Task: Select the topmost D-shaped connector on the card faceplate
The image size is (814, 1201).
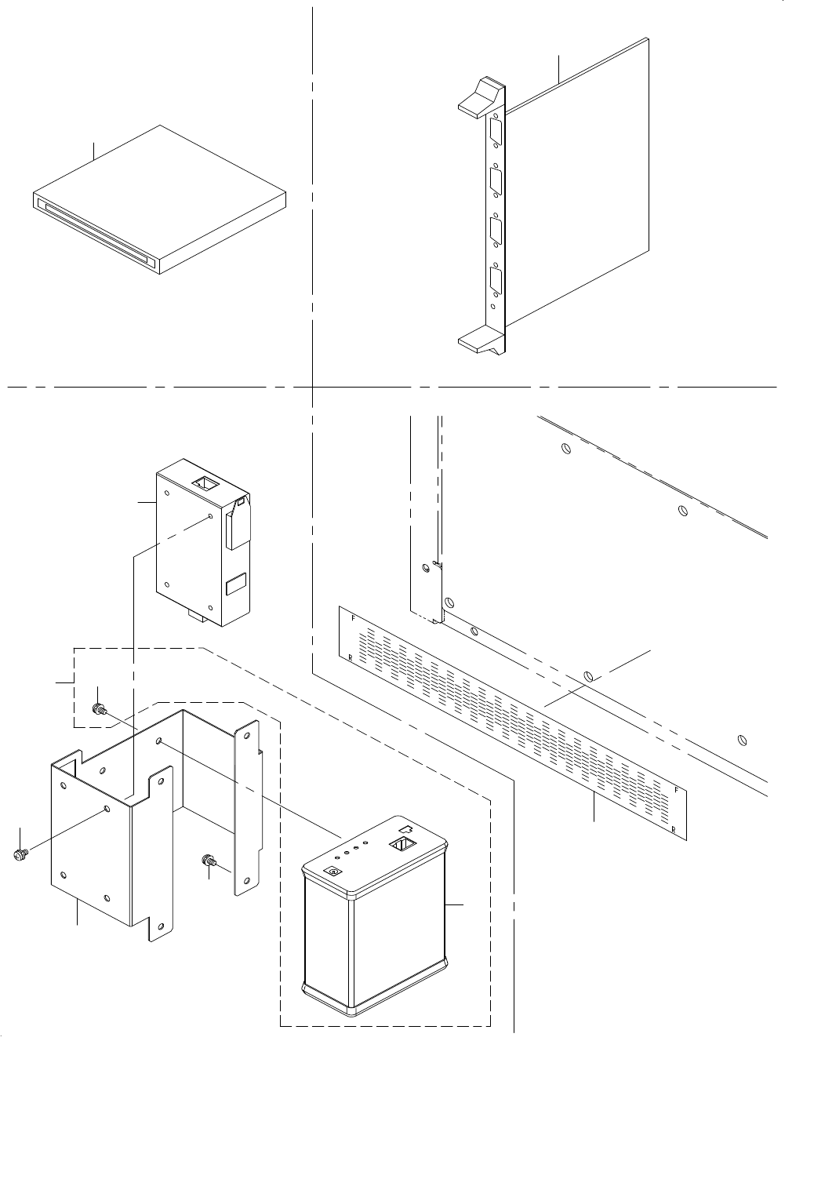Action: click(x=497, y=131)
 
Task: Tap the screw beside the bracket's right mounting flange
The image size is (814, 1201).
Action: click(x=209, y=861)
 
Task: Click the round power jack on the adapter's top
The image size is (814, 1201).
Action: click(x=333, y=872)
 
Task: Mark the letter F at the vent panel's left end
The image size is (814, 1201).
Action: click(x=353, y=618)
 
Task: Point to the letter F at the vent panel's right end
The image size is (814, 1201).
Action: click(x=676, y=790)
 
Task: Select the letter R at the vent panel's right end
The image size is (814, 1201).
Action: click(x=673, y=828)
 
